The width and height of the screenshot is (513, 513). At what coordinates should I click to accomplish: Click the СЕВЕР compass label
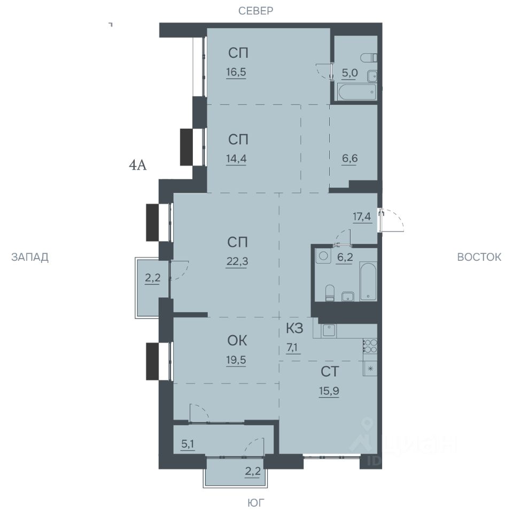coord(255,11)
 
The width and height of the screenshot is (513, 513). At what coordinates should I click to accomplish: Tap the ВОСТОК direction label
coord(479,257)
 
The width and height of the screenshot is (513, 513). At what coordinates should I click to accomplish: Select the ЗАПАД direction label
coord(30,257)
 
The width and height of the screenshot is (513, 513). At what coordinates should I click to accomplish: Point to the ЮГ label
coord(256,502)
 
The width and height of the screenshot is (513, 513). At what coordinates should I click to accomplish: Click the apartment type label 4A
coord(138,166)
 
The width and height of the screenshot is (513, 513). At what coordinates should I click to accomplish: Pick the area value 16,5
coord(236,72)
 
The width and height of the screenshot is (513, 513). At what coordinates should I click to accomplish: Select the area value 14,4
coord(236,159)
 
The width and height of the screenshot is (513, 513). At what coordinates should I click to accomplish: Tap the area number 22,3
coord(237,261)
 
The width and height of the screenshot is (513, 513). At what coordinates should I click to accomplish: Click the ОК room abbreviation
coord(237,340)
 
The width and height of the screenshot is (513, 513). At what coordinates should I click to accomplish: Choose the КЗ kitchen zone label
coord(294,328)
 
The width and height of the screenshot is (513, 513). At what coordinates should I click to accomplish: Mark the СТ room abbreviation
coord(330,372)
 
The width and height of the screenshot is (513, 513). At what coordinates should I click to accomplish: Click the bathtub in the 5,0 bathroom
coord(356,92)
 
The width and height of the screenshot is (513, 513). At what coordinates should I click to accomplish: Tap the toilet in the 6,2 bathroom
coord(330,293)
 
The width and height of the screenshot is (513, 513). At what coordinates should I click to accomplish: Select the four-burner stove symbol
coord(370,346)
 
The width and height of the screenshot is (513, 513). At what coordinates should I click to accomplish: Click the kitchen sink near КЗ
coord(329,330)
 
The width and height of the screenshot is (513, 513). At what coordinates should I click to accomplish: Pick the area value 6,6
coord(349,159)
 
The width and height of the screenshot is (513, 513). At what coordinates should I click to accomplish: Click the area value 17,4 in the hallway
coord(362,216)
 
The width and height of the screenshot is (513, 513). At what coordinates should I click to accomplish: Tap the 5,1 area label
coord(188,444)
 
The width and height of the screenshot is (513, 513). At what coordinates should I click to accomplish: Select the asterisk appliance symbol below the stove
coord(370,368)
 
